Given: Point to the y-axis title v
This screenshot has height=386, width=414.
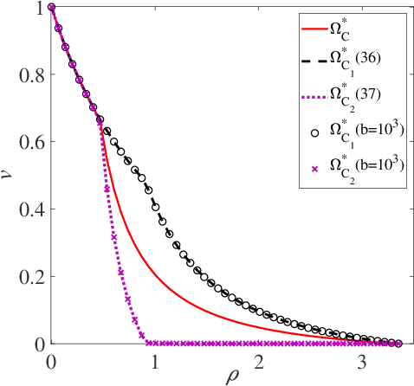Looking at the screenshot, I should pos(9,176).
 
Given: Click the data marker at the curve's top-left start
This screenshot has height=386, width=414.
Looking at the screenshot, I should pos(52,8).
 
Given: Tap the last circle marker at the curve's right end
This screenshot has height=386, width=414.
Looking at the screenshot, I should pos(398,344).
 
